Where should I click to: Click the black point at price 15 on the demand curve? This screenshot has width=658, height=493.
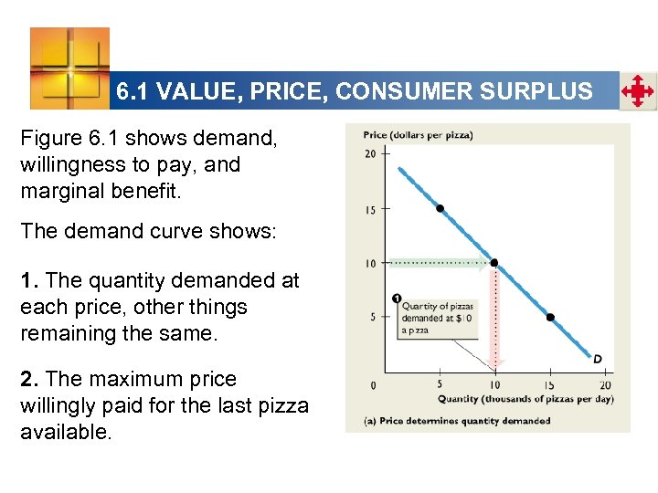[x=440, y=208]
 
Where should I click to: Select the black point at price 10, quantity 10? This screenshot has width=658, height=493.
[x=494, y=263]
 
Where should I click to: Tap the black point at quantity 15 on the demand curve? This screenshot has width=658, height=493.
[x=550, y=318]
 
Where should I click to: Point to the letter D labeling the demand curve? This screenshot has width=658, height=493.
[x=597, y=358]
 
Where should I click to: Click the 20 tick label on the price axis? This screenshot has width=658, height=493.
[x=370, y=154]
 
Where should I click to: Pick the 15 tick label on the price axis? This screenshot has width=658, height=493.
[x=370, y=210]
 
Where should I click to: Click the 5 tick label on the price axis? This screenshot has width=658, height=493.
[x=373, y=318]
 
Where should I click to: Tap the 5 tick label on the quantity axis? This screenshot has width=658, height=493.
[x=440, y=385]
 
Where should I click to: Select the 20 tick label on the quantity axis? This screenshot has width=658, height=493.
[x=604, y=385]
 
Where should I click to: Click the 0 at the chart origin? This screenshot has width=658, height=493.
[x=373, y=385]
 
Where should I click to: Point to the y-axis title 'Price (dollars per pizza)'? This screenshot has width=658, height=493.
[x=418, y=135]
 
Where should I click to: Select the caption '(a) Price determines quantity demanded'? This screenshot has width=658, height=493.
[x=456, y=421]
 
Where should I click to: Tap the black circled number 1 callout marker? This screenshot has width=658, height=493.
[x=396, y=298]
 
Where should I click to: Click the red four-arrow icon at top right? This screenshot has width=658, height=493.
[x=637, y=92]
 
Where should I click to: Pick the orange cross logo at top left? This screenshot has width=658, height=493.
[x=69, y=68]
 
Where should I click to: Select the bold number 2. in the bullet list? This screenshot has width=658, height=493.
[x=29, y=379]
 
